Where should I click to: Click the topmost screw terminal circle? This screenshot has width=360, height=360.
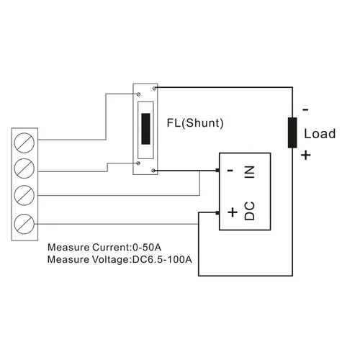24,143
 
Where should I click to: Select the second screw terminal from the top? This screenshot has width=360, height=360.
24,168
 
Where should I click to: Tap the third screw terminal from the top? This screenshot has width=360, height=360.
24,195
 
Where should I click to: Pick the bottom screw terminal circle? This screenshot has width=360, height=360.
24,224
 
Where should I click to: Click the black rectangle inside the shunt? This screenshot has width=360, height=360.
145,129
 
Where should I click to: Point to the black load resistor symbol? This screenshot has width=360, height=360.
292,132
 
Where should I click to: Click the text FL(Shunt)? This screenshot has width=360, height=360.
195,123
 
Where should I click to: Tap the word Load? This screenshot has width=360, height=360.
320,134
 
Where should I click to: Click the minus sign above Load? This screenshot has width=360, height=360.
305,110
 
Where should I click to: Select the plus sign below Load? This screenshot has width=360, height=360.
306,155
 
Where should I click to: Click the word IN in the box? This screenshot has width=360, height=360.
250,172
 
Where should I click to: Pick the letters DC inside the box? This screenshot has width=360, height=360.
250,211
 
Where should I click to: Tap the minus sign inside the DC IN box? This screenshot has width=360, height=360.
230,171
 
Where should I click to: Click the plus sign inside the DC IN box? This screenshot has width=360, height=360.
233,212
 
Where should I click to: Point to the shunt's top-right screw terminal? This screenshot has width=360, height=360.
155,89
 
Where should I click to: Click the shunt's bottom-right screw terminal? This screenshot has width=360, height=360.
153,171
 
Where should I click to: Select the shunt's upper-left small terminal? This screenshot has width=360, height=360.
138,94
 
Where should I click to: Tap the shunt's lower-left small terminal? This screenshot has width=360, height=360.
138,163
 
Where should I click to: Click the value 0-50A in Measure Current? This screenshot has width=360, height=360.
147,247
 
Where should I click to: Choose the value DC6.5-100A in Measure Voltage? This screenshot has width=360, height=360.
162,259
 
